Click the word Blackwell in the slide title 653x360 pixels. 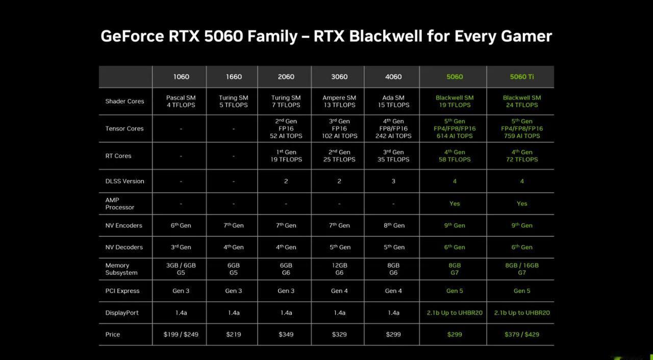(385, 36)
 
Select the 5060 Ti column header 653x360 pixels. (522, 76)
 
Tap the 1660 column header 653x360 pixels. (234, 76)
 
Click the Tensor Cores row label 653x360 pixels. (124, 128)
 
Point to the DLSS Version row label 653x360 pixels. (125, 181)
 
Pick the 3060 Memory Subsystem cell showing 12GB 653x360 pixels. (339, 269)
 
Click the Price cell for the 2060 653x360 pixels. (286, 335)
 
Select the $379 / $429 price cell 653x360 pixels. (522, 335)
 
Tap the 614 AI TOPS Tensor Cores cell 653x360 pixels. (455, 128)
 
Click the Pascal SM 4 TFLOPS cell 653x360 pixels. (181, 101)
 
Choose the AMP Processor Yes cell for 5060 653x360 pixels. (455, 203)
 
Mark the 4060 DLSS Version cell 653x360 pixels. (393, 181)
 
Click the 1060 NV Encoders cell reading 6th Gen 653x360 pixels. (181, 225)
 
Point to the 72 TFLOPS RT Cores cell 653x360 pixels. (522, 156)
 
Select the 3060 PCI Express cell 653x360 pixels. (339, 291)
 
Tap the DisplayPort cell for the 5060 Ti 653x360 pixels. (522, 313)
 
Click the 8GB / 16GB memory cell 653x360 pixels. (522, 269)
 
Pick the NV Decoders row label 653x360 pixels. (124, 247)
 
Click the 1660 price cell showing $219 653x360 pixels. (234, 335)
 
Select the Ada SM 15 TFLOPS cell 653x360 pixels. (393, 101)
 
